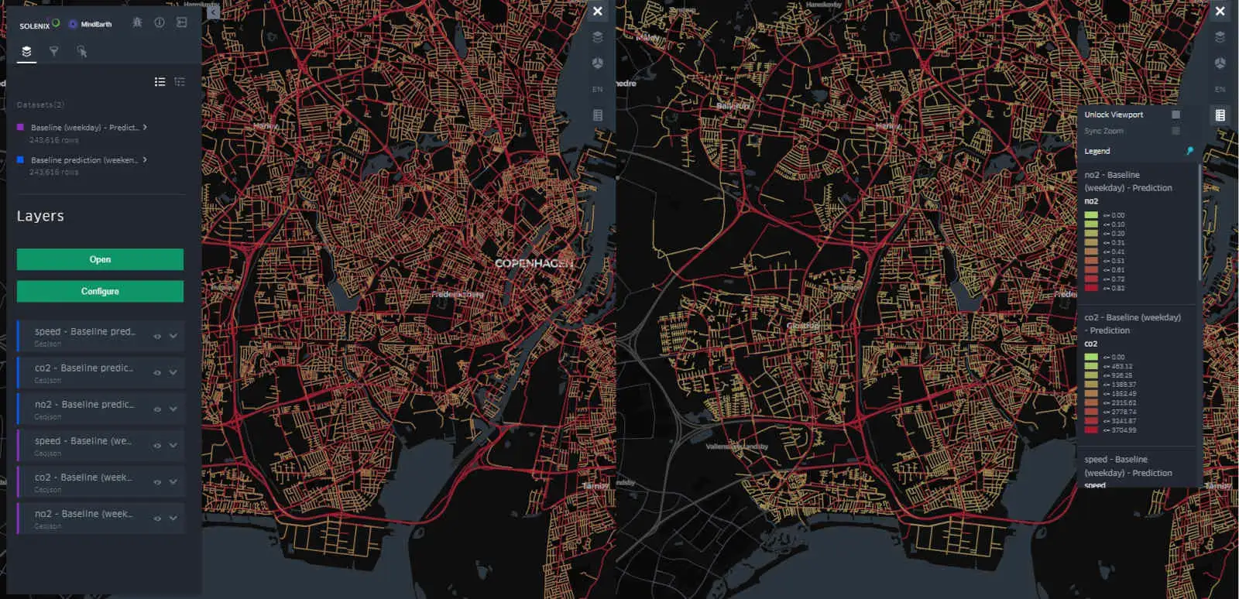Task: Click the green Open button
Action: pyautogui.click(x=100, y=259)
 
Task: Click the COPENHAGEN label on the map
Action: pyautogui.click(x=534, y=263)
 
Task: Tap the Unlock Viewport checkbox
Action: pyautogui.click(x=1176, y=115)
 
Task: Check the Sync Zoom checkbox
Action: pyautogui.click(x=1176, y=131)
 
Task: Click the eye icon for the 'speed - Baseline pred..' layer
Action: pyautogui.click(x=157, y=337)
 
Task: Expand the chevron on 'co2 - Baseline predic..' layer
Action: pyautogui.click(x=173, y=372)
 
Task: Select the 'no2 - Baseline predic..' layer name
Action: pyautogui.click(x=84, y=404)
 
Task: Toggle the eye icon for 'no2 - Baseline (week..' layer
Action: pyautogui.click(x=157, y=518)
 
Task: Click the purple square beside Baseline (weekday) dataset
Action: pyautogui.click(x=21, y=127)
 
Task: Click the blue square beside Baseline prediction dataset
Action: pyautogui.click(x=21, y=159)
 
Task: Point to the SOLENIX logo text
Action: pyautogui.click(x=35, y=26)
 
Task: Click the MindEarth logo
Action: pyautogui.click(x=91, y=24)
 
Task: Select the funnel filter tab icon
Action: pyautogui.click(x=54, y=51)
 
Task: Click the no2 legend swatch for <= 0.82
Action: pyautogui.click(x=1091, y=288)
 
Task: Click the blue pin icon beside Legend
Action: pyautogui.click(x=1189, y=151)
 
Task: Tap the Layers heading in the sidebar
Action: pyautogui.click(x=40, y=216)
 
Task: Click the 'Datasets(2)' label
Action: pyautogui.click(x=40, y=104)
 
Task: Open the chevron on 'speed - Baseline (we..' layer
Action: pyautogui.click(x=173, y=445)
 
